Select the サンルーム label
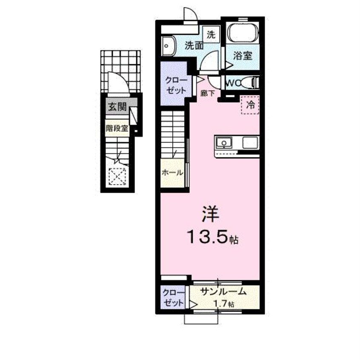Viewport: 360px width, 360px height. [223, 291]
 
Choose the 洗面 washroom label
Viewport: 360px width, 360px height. [194, 45]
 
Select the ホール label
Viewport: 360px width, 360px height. [172, 173]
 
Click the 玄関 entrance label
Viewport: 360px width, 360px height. [117, 107]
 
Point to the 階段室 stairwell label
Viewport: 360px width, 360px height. [117, 128]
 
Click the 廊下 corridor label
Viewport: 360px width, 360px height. [208, 92]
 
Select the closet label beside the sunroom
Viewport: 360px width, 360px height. [173, 298]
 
